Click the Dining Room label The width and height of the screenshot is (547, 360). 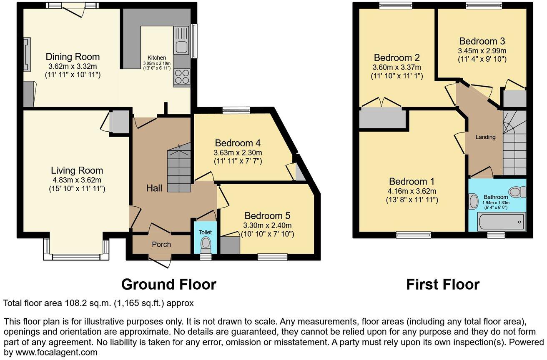tap(73, 57)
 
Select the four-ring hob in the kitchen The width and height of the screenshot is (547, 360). tap(182, 77)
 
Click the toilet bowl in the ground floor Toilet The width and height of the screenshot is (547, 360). tap(205, 243)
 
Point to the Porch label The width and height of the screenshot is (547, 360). tap(161, 244)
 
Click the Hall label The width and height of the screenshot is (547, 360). tap(154, 188)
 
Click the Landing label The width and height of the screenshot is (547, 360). tap(486, 137)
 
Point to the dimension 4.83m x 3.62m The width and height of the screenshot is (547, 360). tap(76, 180)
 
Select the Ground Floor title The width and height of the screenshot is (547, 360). tap(168, 284)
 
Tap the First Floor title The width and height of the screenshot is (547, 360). tap(443, 284)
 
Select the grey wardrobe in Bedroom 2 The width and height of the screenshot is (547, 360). tap(382, 118)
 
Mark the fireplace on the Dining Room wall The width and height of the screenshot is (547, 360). tap(26, 54)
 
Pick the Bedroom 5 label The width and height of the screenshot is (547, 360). tap(267, 216)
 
